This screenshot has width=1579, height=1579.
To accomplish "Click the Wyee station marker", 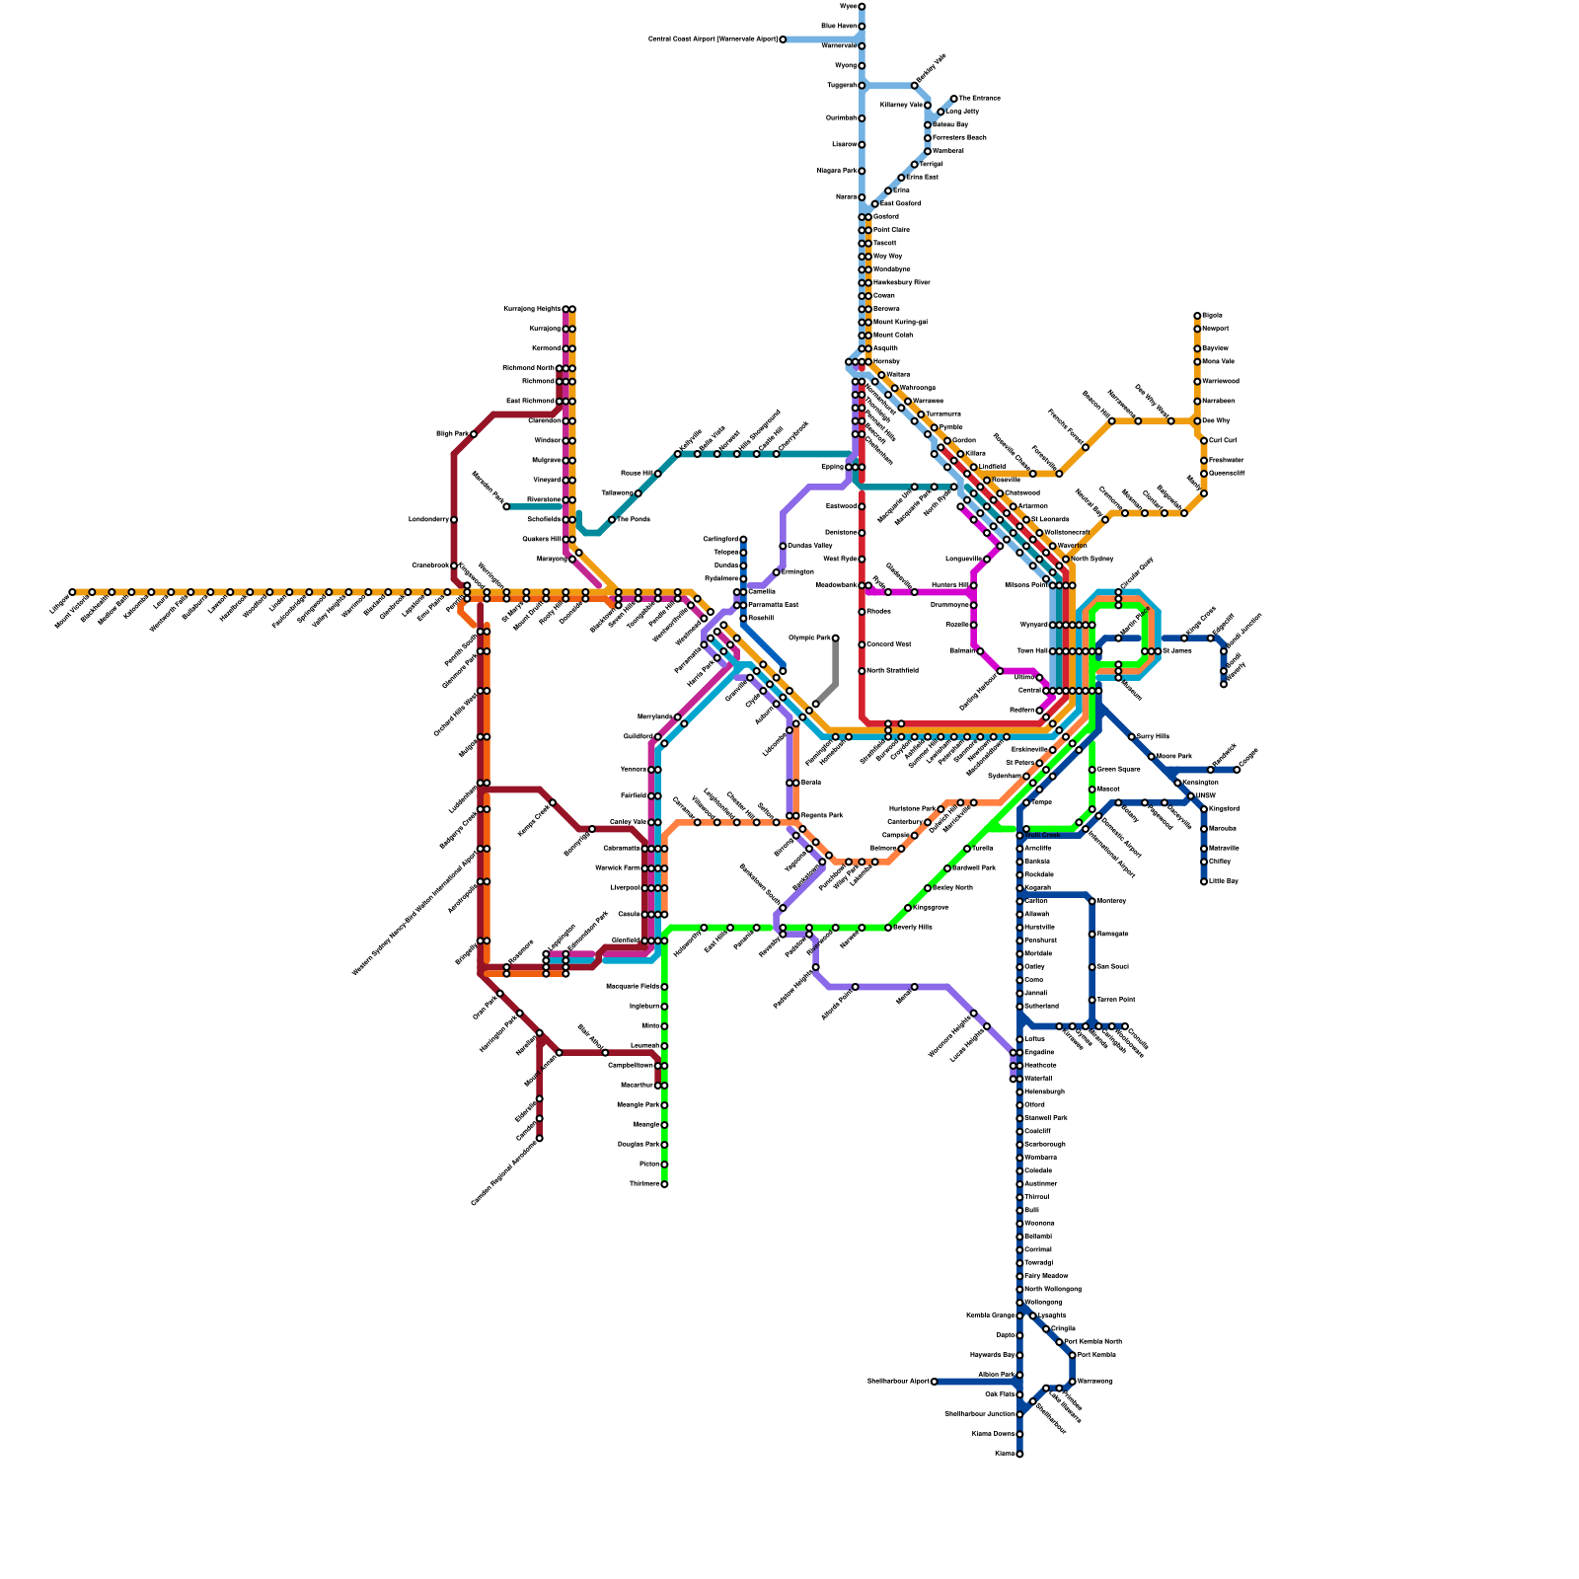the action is (862, 6).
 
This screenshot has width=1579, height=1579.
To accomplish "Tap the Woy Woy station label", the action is (887, 257).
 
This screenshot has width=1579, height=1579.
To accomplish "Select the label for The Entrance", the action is (980, 99).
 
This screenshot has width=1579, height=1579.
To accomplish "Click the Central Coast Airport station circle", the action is (783, 39).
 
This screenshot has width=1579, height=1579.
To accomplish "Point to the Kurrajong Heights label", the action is (532, 309).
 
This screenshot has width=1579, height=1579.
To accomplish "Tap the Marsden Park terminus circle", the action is (506, 506).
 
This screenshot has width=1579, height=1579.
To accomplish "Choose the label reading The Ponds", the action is (633, 519).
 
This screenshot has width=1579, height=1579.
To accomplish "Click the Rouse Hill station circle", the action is (657, 474).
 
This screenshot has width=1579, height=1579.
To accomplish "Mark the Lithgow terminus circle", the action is (72, 592).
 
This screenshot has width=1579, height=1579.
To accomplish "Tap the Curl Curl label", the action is (1222, 441).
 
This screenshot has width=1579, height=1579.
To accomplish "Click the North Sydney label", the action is (1091, 560).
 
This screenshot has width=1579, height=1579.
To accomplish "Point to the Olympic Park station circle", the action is (835, 639).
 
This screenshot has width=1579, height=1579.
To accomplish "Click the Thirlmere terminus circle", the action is (664, 1184).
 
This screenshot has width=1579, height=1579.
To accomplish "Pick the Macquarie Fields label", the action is (631, 987).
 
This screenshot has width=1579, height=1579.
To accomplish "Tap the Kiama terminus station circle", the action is (1019, 1454).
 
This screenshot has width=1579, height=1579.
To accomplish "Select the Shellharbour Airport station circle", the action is (934, 1382).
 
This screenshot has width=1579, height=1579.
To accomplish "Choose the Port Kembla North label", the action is (1092, 1342).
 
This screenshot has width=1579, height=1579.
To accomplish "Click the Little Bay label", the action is (1223, 881).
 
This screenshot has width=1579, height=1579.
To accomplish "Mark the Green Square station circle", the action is (1091, 770).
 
